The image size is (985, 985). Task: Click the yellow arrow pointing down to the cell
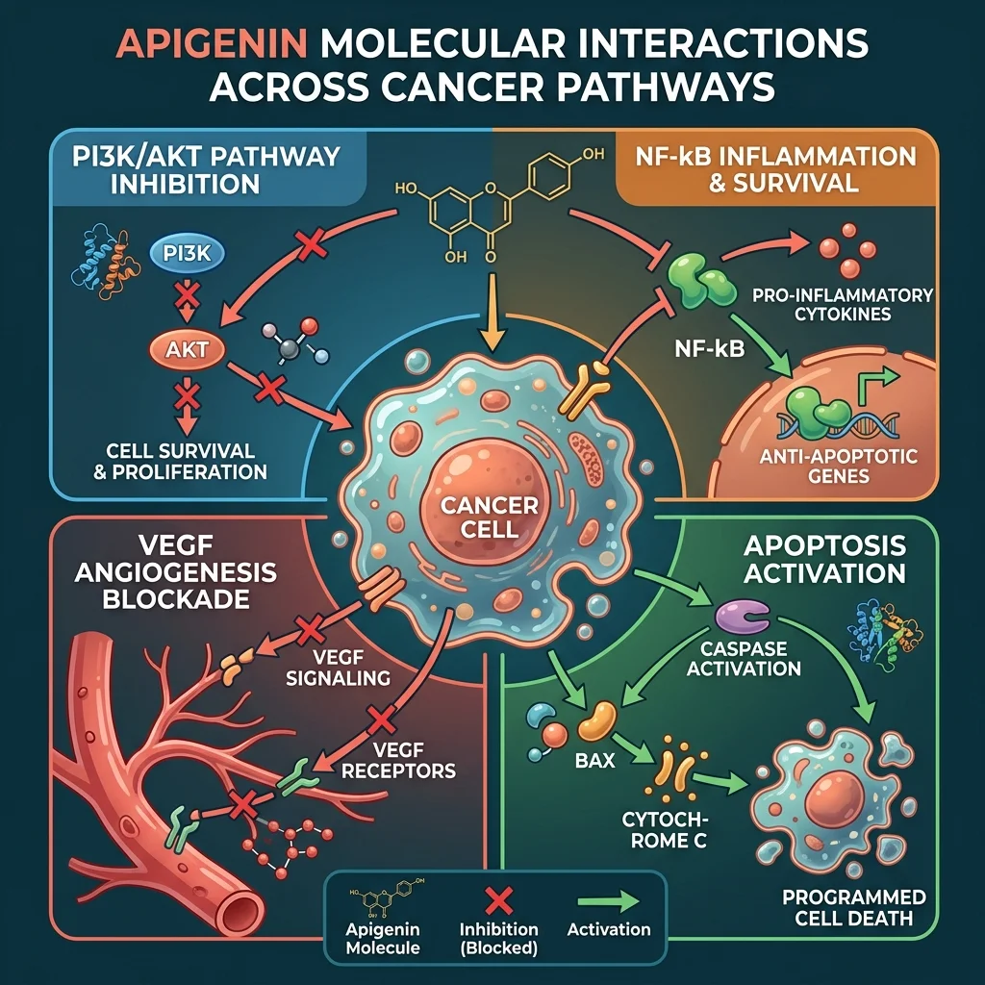coord(492,317)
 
